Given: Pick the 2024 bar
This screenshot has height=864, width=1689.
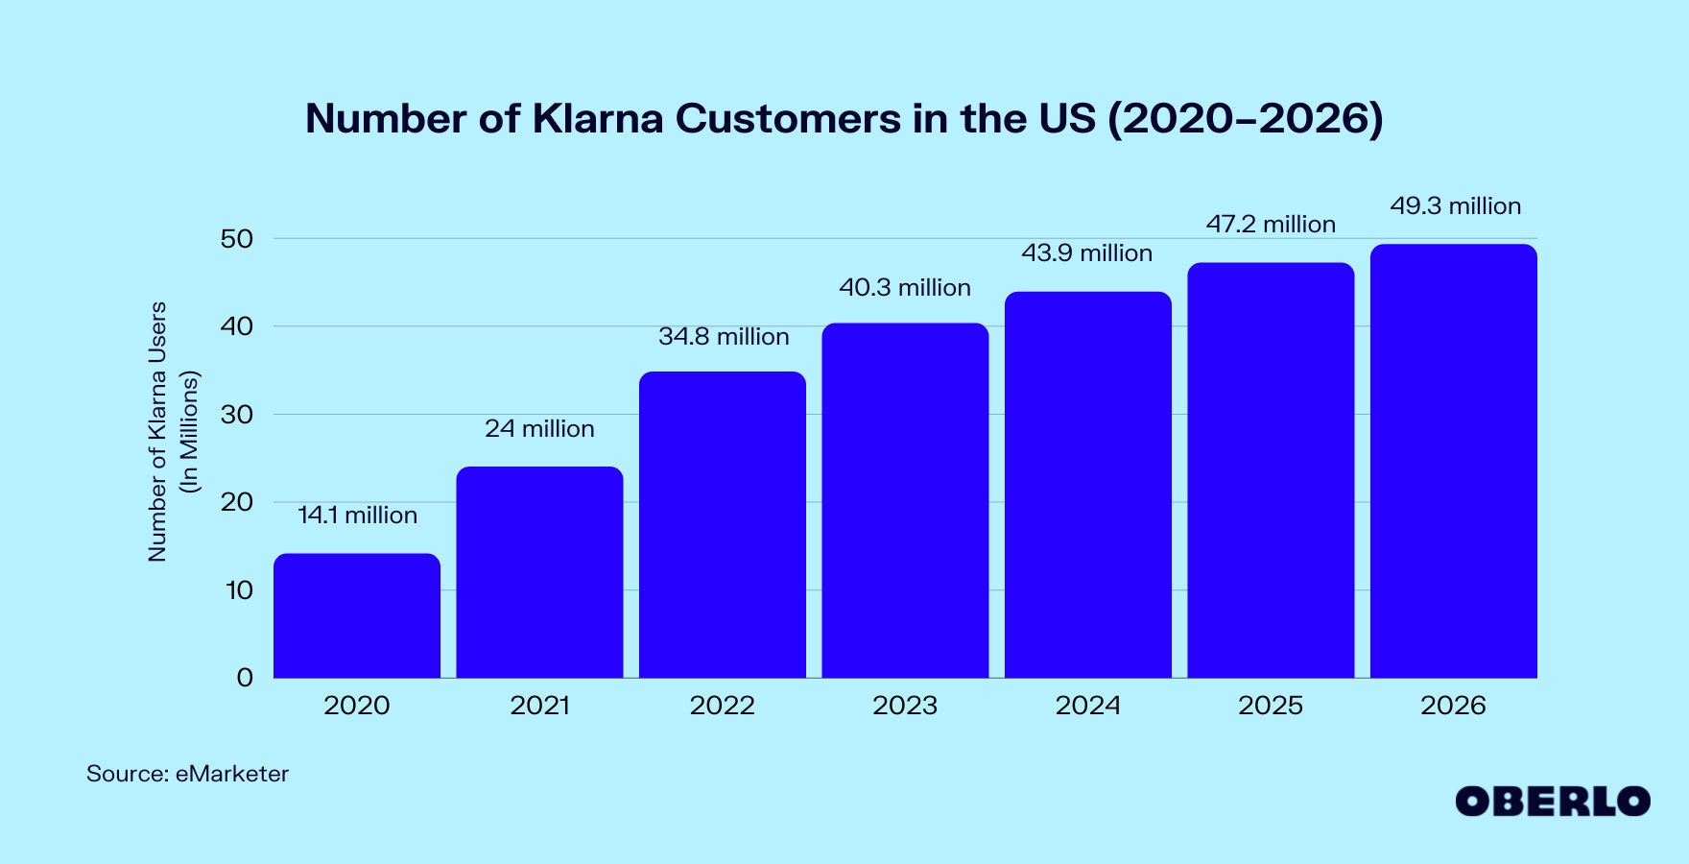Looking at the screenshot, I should tap(1088, 485).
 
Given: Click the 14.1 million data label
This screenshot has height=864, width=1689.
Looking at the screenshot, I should tap(357, 516).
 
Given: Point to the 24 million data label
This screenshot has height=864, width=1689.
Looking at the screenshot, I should tap(539, 429).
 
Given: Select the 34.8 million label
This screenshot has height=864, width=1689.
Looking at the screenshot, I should tap(724, 337).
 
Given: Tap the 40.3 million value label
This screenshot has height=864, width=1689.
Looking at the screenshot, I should tap(905, 288).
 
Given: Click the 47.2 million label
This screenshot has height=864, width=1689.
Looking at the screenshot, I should tap(1271, 225).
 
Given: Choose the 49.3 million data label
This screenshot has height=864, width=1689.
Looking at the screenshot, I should tap(1455, 206).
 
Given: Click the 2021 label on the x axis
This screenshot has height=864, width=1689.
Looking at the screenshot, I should tap(539, 706).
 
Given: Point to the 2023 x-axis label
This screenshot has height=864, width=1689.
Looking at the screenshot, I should tap(905, 706).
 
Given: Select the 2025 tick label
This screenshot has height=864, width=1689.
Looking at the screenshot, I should tap(1271, 706).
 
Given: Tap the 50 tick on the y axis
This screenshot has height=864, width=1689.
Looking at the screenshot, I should tap(237, 239).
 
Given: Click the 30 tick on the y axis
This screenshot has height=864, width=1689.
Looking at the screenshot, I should tap(237, 415).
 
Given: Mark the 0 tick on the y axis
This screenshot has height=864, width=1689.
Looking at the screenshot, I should tap(245, 678).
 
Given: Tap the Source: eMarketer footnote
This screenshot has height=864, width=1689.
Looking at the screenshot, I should tap(187, 774).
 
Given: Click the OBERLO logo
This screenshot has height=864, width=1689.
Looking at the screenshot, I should tap(1552, 802).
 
